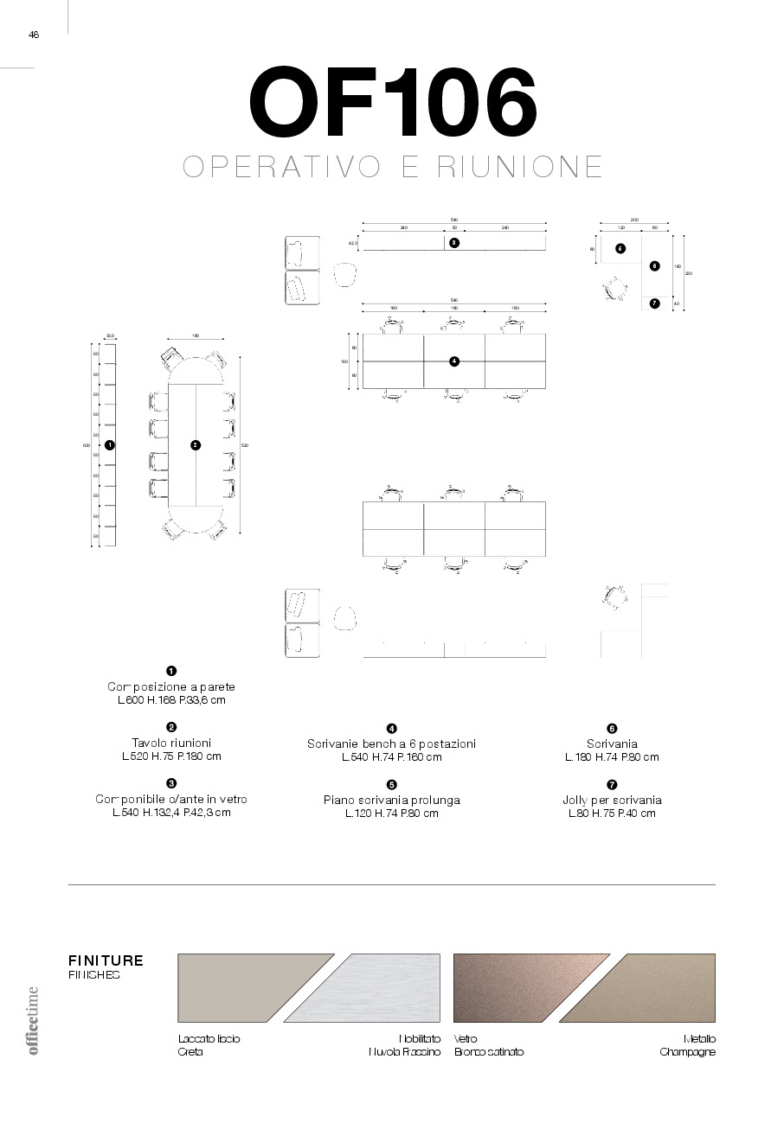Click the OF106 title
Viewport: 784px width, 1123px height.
[393, 104]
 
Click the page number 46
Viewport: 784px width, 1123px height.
[34, 35]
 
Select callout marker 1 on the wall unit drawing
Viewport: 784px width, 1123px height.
[109, 444]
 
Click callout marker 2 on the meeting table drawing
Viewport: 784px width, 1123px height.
[196, 444]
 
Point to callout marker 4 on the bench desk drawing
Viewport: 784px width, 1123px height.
[454, 361]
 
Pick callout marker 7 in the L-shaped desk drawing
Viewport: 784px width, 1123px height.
[654, 303]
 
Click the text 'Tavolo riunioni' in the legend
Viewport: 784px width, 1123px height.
[171, 743]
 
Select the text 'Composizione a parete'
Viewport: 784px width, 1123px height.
[171, 686]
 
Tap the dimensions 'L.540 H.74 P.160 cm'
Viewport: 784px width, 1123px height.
[392, 757]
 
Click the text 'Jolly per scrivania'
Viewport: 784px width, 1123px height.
[612, 800]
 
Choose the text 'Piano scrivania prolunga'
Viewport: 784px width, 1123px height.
[392, 800]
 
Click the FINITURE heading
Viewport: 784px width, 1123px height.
[106, 960]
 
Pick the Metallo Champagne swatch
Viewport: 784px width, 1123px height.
[658, 994]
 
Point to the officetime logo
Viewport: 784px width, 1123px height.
[34, 1020]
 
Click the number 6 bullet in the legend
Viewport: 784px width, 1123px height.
[612, 729]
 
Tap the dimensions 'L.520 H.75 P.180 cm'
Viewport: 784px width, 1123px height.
[171, 756]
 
